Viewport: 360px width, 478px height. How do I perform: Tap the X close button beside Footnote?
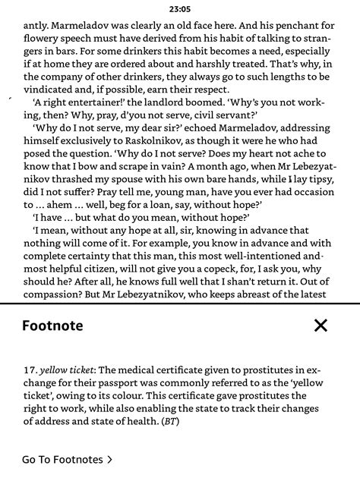(x=321, y=326)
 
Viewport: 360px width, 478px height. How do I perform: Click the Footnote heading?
(x=52, y=326)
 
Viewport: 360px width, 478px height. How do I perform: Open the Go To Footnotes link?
(x=68, y=459)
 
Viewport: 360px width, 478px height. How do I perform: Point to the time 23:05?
(x=180, y=9)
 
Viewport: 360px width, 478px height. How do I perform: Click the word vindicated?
(x=51, y=89)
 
